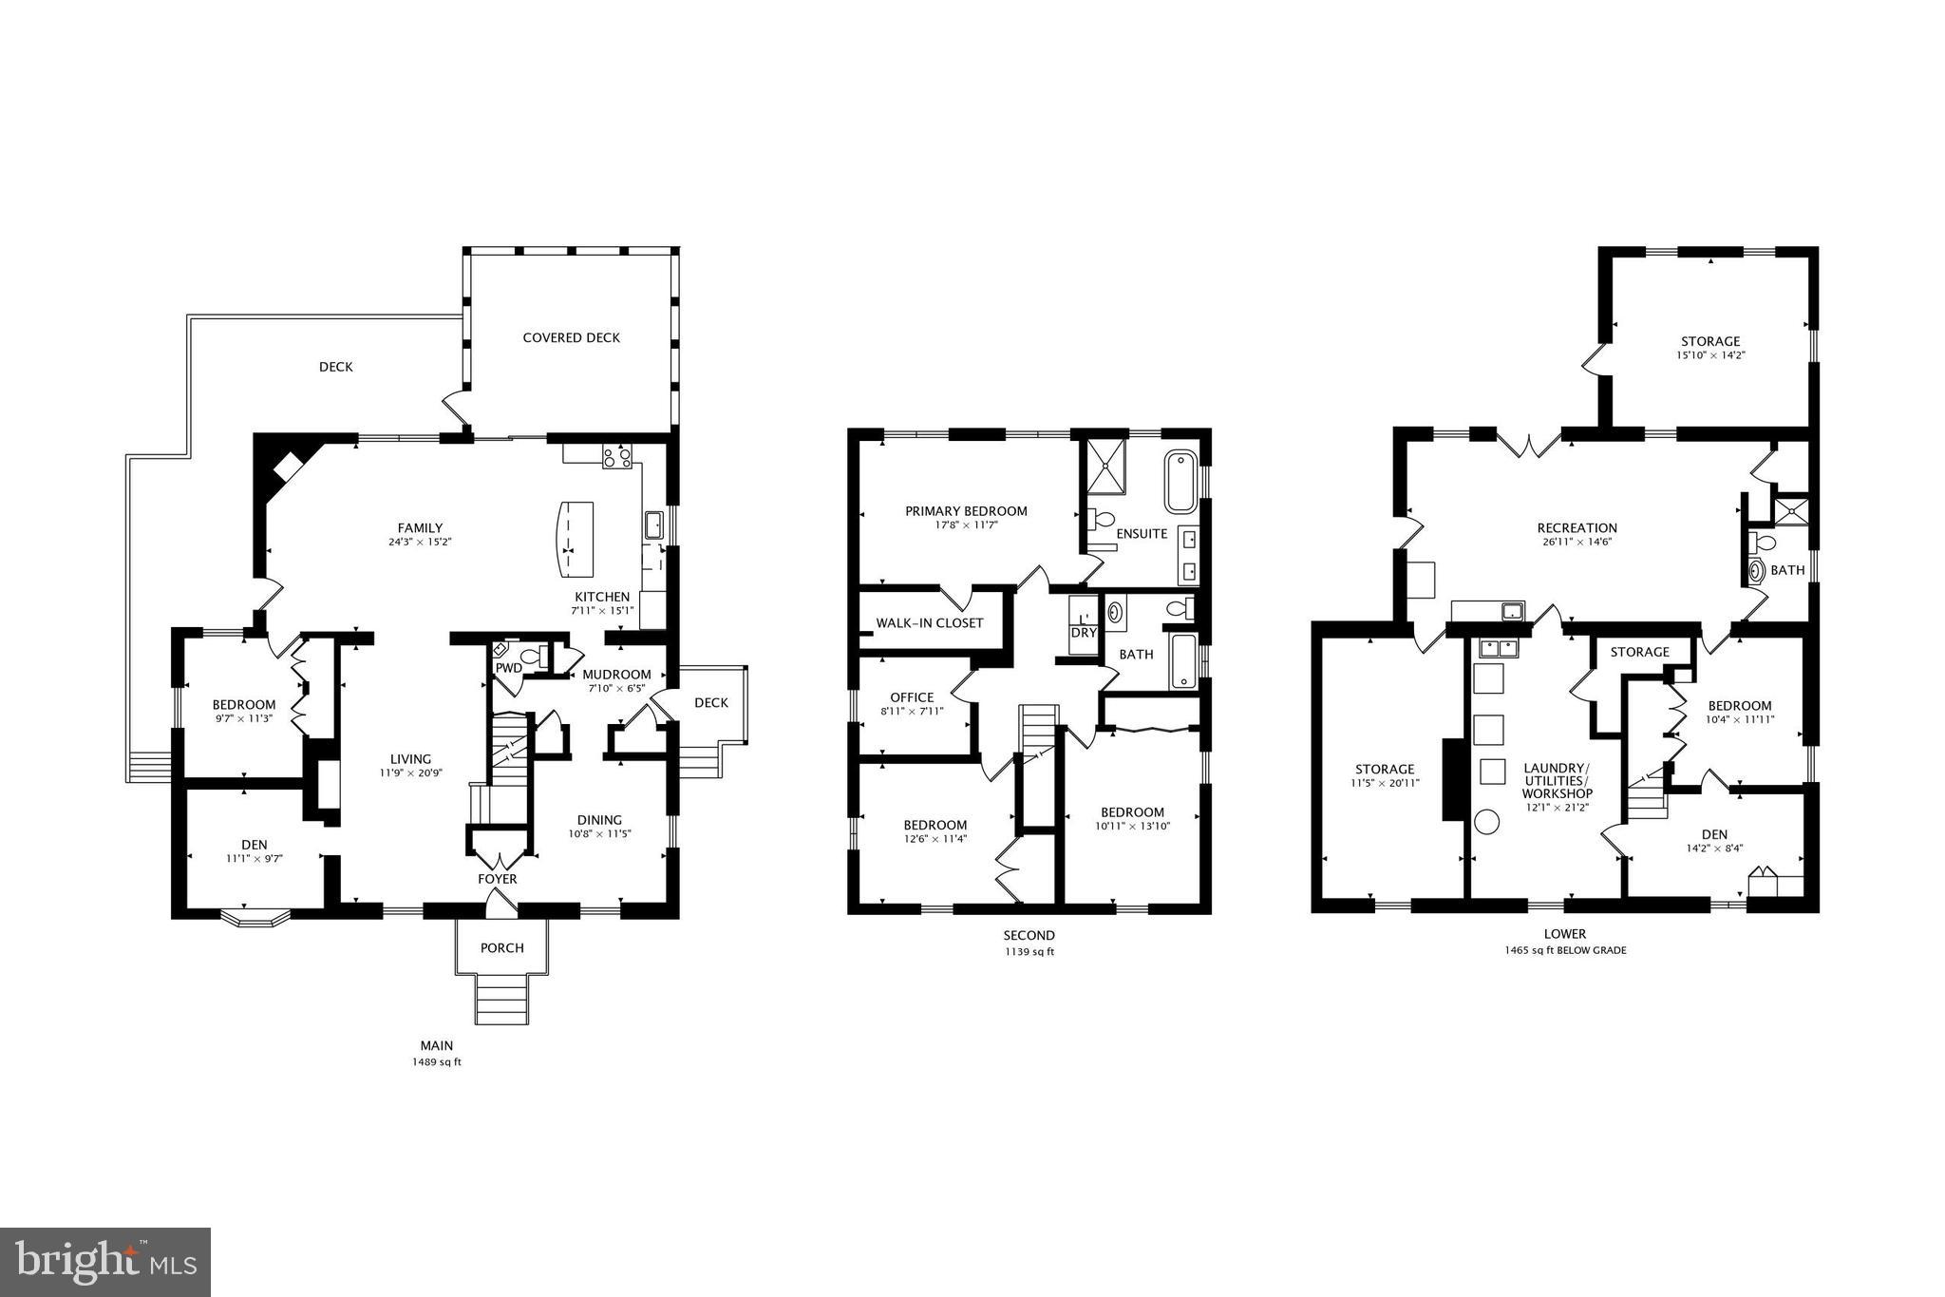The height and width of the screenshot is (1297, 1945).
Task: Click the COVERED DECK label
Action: (571, 337)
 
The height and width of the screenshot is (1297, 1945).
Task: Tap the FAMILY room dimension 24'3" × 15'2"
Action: (419, 543)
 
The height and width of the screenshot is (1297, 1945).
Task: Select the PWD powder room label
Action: (508, 668)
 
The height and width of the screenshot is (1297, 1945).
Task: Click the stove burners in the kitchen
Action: (616, 458)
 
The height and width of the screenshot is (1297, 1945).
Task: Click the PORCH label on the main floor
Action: (501, 947)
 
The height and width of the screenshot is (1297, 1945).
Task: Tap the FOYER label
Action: (497, 879)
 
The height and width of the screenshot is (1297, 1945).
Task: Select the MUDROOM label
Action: (616, 675)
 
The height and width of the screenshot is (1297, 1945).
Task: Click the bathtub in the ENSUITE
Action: (1181, 482)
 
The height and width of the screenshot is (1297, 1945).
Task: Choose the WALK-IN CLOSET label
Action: (929, 623)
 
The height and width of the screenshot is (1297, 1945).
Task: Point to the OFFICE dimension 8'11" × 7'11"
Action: (912, 711)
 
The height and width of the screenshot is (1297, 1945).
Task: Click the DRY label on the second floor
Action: (1083, 633)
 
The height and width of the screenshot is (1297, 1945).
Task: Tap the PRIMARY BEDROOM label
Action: (965, 511)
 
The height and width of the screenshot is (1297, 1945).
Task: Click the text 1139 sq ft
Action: (1029, 951)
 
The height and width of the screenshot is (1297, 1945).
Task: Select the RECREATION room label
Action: (1577, 528)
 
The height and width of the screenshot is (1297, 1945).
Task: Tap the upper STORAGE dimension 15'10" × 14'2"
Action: (1710, 355)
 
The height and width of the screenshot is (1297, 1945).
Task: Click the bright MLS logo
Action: (105, 1262)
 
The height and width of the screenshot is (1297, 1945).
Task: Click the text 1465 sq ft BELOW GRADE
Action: (1564, 950)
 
